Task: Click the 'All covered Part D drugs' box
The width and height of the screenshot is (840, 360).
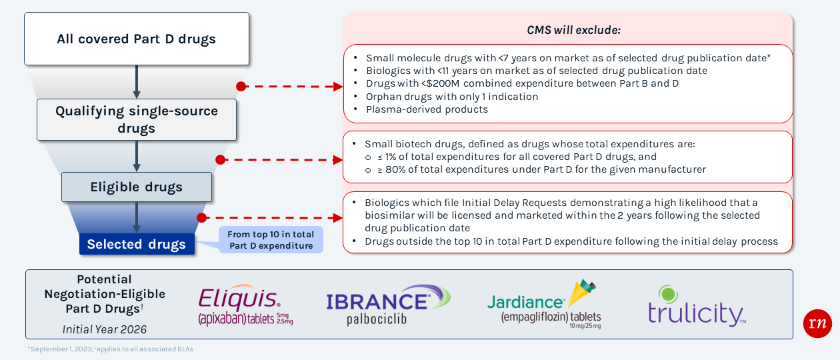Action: click(137, 39)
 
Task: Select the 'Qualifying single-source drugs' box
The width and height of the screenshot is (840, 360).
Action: click(137, 119)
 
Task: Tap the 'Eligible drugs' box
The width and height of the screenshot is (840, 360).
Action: click(137, 187)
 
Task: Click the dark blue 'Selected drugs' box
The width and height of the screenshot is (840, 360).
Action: click(137, 244)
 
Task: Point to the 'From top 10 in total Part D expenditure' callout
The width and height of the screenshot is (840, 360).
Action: click(271, 240)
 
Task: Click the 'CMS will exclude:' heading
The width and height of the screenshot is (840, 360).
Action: click(573, 31)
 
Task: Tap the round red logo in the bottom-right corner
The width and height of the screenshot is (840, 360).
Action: click(817, 323)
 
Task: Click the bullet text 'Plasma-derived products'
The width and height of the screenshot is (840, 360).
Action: click(427, 109)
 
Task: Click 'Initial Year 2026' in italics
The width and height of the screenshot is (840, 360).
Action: click(105, 329)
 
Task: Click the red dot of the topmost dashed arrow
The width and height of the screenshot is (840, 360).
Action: click(241, 87)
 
